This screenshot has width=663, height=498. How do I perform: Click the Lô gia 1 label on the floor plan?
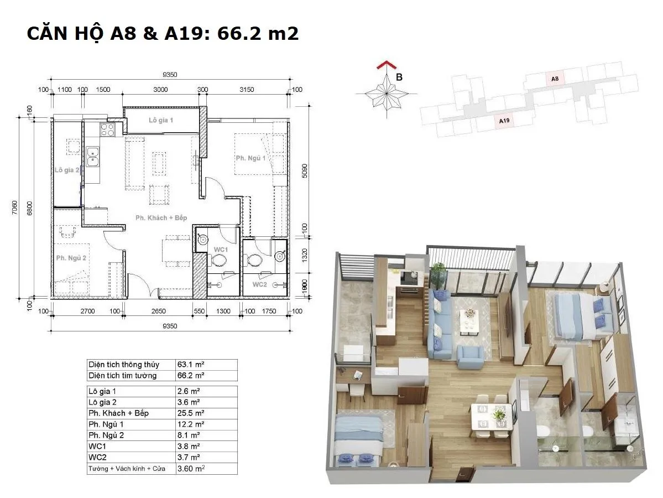click(161, 120)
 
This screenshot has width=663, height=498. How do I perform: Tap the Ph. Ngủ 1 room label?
click(250, 158)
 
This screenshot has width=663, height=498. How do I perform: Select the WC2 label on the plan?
click(260, 284)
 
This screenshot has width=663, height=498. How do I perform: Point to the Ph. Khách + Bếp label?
click(161, 218)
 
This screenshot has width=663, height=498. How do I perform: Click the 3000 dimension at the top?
click(161, 90)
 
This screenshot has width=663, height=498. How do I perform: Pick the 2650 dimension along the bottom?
click(159, 311)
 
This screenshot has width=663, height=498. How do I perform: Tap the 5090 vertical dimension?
click(305, 170)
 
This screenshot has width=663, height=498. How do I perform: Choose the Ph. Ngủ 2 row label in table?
click(106, 435)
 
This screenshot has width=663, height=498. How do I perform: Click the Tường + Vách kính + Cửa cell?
click(127, 468)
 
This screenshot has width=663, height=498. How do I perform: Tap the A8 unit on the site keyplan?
click(555, 79)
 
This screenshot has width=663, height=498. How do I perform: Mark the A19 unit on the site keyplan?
click(504, 121)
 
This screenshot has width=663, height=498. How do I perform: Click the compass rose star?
click(387, 93)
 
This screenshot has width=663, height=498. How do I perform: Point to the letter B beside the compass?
click(399, 77)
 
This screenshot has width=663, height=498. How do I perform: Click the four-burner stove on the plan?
click(107, 129)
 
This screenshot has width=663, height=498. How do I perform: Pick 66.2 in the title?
click(237, 33)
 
